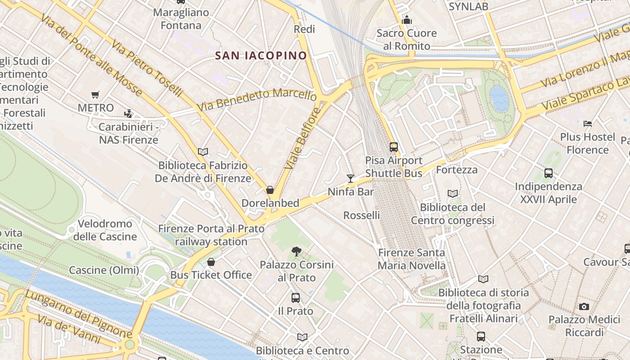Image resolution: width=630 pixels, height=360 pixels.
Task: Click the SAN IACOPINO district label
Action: tap(261, 56)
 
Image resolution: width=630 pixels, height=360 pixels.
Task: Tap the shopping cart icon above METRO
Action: tap(95, 95)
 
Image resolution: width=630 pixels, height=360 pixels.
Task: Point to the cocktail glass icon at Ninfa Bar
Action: tap(351, 179)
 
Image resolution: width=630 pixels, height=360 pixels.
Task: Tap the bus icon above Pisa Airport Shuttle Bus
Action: tap(394, 147)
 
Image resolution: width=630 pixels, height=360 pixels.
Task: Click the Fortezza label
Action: tap(457, 170)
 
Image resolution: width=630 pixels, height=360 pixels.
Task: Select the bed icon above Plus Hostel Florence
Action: tap(588, 123)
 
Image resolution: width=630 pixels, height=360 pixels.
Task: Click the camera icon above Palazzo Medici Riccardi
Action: tap(584, 307)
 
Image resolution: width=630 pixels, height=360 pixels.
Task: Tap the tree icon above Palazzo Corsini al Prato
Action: tap(296, 251)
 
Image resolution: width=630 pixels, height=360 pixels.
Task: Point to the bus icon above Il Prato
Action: tap(295, 297)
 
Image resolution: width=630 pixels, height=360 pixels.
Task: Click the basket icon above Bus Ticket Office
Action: tap(211, 262)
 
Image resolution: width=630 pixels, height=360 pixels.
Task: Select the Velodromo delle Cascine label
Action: tap(105, 230)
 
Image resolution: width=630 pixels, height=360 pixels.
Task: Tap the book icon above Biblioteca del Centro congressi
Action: tap(453, 194)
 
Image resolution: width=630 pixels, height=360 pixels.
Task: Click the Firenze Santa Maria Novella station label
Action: tap(411, 259)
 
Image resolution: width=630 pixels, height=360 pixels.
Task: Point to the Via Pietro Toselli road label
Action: tap(147, 68)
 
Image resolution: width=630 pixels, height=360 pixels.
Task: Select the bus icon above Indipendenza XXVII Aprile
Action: tap(548, 173)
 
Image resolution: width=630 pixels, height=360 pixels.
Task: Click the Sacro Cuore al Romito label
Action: tap(407, 40)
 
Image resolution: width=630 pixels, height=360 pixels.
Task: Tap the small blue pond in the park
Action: tap(499, 99)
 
